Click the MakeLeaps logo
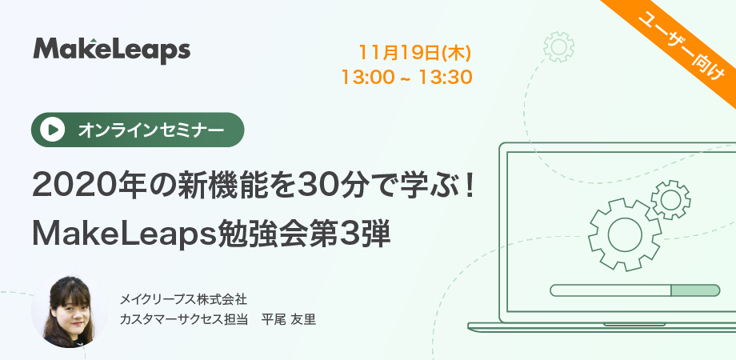[112, 50]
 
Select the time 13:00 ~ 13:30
[406, 78]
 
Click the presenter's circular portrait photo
[69, 312]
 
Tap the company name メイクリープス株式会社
[183, 300]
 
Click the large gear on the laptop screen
[625, 234]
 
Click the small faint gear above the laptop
[558, 46]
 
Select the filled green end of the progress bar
[695, 290]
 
